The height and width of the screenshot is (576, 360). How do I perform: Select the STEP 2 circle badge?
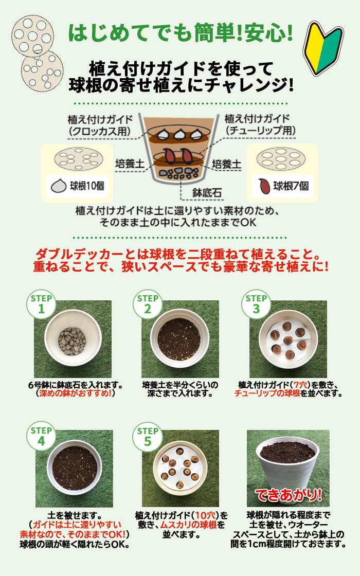click(x=148, y=304)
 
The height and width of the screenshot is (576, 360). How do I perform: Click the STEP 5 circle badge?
click(x=148, y=436)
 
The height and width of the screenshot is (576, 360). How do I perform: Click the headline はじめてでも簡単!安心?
click(x=181, y=32)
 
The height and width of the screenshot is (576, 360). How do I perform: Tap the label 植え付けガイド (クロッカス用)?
click(x=98, y=124)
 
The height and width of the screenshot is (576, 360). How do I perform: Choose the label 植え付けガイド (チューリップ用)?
click(x=260, y=124)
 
